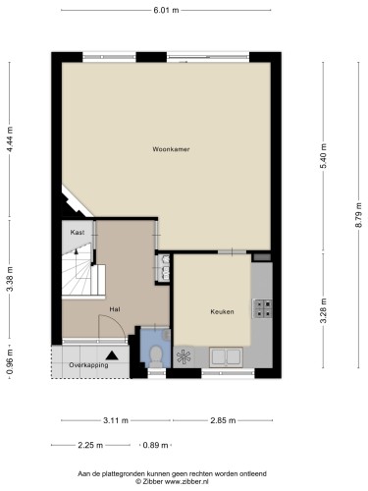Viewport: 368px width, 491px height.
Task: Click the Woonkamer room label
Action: click(170, 149)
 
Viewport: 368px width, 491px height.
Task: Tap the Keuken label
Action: click(222, 311)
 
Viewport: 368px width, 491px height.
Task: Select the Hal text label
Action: click(114, 309)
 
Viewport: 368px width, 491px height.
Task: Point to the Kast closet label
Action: click(77, 232)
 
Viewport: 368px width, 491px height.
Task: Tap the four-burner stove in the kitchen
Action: click(263, 308)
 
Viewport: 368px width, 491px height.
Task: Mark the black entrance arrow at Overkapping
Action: click(114, 355)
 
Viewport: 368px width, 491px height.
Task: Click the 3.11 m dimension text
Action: click(116, 420)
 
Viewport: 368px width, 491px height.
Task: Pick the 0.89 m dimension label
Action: click(154, 444)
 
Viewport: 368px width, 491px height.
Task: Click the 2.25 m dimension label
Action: click(90, 444)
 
